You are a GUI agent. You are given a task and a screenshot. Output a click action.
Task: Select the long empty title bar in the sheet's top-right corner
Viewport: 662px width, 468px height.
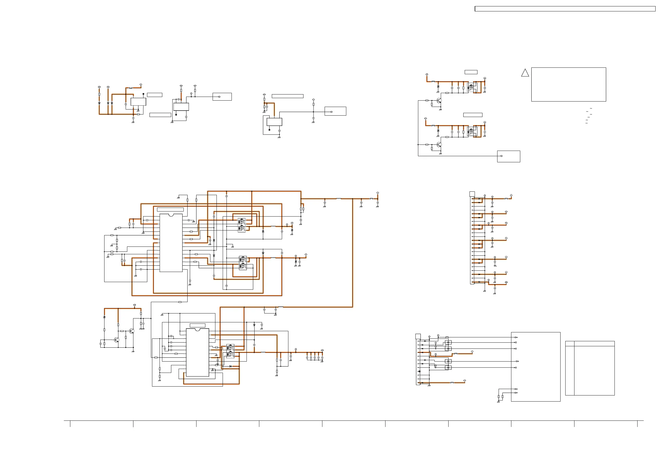(565, 9)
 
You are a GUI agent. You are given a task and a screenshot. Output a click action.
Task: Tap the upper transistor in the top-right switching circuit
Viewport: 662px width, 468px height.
(439, 100)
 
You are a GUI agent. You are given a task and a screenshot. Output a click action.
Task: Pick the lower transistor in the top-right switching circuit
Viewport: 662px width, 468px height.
(439, 144)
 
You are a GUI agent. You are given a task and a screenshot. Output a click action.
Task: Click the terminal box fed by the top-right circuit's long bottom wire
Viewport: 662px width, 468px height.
(508, 156)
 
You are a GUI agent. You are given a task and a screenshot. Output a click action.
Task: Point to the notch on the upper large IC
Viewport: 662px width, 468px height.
(171, 215)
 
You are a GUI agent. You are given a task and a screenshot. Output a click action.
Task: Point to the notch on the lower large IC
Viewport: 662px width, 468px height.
(198, 329)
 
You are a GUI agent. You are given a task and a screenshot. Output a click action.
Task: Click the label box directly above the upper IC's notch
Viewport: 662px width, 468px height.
(170, 210)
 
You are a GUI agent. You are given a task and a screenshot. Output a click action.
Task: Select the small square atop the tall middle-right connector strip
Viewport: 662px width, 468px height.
(472, 194)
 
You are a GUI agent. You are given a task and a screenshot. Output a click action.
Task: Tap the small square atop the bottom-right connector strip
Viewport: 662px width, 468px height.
(418, 336)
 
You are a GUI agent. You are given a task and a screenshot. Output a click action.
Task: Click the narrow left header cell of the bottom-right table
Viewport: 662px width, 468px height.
(569, 343)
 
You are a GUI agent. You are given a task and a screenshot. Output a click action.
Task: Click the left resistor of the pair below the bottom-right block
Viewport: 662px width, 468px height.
(499, 397)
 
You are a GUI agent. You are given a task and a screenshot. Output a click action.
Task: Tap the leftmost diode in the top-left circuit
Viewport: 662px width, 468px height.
(99, 103)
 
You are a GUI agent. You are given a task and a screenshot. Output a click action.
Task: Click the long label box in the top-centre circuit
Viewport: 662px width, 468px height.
(287, 96)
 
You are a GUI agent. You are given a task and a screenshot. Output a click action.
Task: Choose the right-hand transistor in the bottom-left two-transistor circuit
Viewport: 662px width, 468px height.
(132, 331)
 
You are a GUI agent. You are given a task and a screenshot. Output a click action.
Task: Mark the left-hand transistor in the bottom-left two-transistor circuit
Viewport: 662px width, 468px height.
(116, 340)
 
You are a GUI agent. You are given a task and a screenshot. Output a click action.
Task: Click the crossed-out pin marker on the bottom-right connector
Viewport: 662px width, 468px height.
(419, 371)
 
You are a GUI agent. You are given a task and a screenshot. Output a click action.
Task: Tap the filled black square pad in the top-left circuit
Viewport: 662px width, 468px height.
(143, 94)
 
